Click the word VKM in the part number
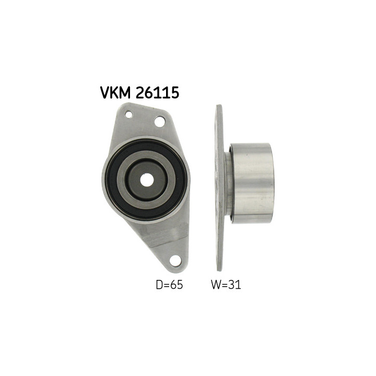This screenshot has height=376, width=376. point(115,92)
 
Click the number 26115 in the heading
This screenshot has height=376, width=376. point(157,92)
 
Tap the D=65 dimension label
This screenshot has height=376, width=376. point(169,285)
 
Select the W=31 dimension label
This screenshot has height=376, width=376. point(226,285)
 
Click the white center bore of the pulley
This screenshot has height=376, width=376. point(147,180)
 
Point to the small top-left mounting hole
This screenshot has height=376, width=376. point(129,114)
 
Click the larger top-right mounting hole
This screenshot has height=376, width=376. point(160,122)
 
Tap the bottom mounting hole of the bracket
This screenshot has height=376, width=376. point(175,261)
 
